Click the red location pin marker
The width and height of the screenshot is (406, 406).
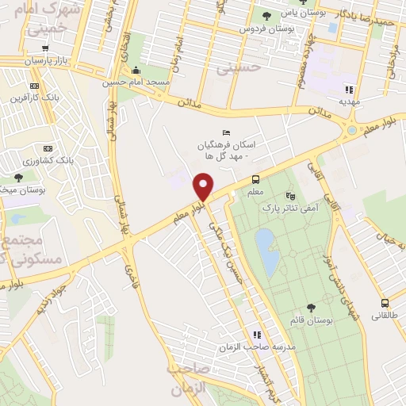tap(204, 187)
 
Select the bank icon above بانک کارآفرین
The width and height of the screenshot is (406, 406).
tap(33, 86)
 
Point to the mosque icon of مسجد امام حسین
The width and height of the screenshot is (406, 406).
tap(136, 69)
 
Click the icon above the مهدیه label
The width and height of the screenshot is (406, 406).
tap(350, 90)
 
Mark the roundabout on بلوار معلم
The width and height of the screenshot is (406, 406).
tap(351, 129)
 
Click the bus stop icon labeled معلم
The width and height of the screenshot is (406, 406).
tap(256, 179)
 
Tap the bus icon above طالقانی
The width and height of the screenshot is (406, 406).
tap(385, 303)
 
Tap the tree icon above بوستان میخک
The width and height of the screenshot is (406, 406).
tap(18, 177)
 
